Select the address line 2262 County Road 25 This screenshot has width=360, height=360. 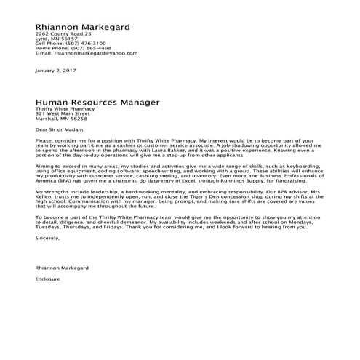[x=63, y=34]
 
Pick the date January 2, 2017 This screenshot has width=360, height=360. [x=55, y=71]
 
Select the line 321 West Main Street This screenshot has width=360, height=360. [x=63, y=114]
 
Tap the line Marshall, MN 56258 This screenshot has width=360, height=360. [x=61, y=119]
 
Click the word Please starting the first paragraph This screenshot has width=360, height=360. [x=44, y=139]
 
